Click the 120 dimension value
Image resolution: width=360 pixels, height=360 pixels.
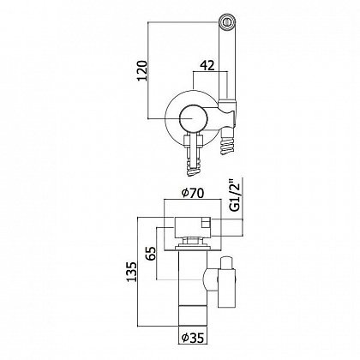(142, 70)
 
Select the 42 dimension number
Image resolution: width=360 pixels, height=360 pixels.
(207, 66)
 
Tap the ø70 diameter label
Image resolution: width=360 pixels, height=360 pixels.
(193, 194)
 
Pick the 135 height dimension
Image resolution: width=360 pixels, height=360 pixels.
(132, 272)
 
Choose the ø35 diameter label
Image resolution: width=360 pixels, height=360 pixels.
(193, 338)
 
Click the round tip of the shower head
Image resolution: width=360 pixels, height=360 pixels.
(227, 21)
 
